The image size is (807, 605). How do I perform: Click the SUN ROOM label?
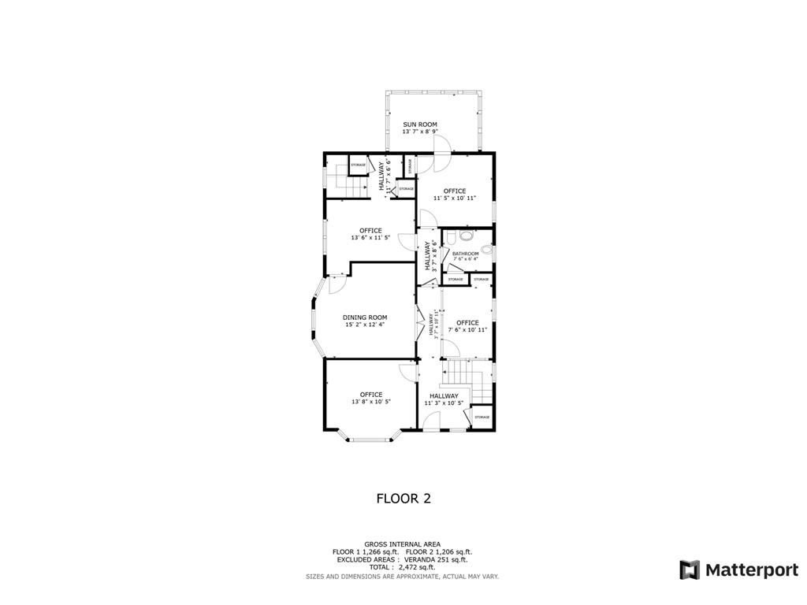420,124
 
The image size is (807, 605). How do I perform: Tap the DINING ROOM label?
365,317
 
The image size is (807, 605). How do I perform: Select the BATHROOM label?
465,254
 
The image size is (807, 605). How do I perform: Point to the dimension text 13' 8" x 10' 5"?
371,402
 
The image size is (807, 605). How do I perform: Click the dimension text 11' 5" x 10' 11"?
455,198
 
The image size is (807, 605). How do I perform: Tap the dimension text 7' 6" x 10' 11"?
467,329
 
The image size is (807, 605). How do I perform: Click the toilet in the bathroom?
467,234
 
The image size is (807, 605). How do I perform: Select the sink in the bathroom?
486,251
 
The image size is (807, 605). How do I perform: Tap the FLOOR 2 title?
403,498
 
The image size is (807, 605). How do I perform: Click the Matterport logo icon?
690,570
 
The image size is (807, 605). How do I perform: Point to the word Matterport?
751,570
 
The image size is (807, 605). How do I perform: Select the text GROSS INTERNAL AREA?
403,544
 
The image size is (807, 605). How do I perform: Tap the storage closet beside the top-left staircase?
358,165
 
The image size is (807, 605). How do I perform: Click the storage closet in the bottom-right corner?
482,417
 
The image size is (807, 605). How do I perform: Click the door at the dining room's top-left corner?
335,284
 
